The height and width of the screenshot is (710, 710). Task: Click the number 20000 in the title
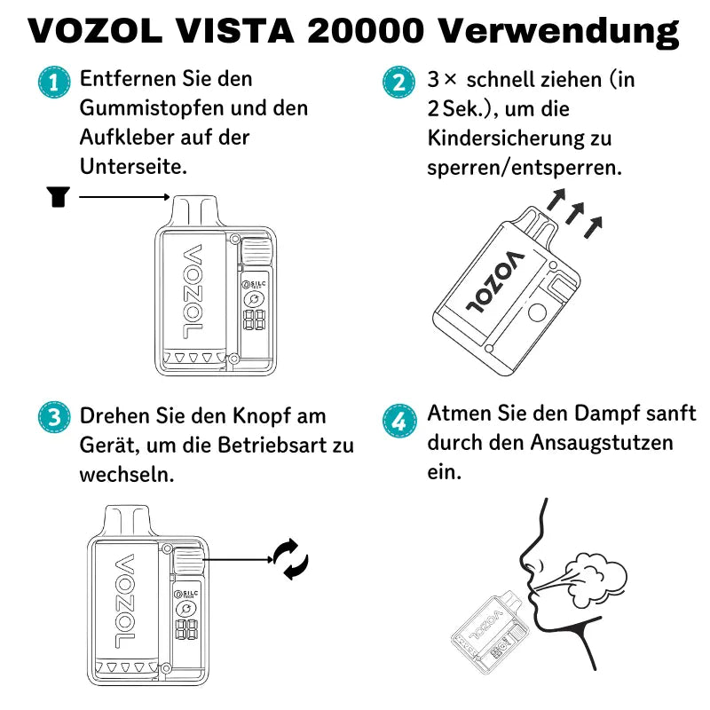pyautogui.click(x=366, y=32)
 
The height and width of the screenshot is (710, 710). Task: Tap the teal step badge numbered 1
pyautogui.click(x=54, y=83)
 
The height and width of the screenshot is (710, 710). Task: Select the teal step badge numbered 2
pyautogui.click(x=398, y=83)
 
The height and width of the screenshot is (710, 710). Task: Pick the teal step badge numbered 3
pyautogui.click(x=54, y=418)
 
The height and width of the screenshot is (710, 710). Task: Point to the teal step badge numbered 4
pyautogui.click(x=398, y=418)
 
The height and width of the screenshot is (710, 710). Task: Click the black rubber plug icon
pyautogui.click(x=58, y=197)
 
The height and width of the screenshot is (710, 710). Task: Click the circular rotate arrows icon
pyautogui.click(x=290, y=559)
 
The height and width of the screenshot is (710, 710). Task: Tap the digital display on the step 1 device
pyautogui.click(x=256, y=320)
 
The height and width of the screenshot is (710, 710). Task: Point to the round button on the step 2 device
pyautogui.click(x=539, y=313)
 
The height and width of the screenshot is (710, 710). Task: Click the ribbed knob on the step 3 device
pyautogui.click(x=188, y=560)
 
